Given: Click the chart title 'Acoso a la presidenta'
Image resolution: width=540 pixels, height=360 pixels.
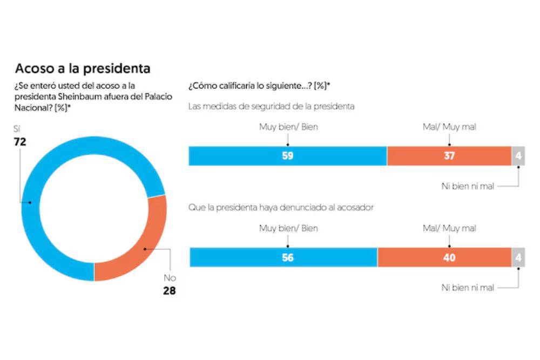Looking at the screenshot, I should coord(82,69).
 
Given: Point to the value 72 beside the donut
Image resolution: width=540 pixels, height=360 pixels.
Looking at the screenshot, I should coord(21,142).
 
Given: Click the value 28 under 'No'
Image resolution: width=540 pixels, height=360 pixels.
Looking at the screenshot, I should coord(170,291).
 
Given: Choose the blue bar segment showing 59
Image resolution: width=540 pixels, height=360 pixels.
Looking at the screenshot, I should coord(287,156).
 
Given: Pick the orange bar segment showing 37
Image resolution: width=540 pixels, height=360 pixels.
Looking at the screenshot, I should coord(449,156).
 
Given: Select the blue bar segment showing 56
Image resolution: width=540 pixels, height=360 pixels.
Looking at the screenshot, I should coord(283,257).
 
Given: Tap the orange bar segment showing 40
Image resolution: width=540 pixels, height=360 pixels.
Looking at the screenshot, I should coord(444,257).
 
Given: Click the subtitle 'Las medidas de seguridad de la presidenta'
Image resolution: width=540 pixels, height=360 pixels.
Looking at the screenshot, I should coord(271,106).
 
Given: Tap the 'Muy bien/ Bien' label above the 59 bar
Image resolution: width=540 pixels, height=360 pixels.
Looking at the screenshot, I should coord(288,127).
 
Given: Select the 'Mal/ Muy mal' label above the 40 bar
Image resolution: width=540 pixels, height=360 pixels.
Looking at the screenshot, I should coord(449,228).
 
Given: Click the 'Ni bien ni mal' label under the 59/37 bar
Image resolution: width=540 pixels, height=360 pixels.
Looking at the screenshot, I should coord(467,187).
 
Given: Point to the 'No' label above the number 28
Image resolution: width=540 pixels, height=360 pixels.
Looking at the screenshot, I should coord(170,279).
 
